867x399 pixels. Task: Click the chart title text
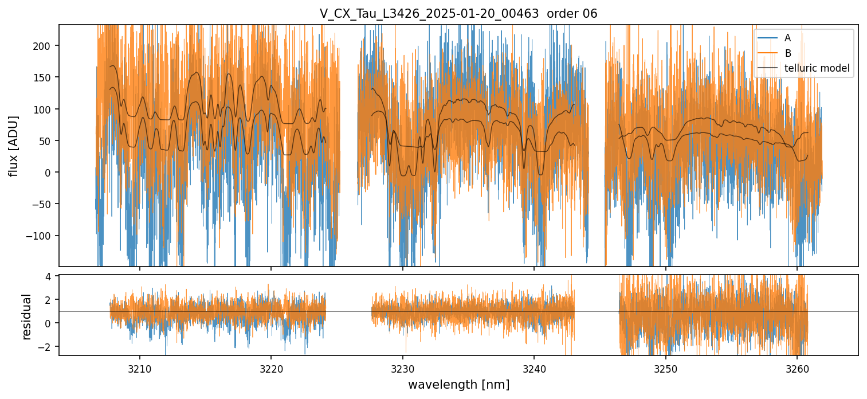coord(458,14)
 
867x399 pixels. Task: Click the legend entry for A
coord(787,38)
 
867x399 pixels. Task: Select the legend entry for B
coord(787,53)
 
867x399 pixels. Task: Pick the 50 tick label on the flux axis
coord(48,141)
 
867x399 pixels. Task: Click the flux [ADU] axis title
coord(13,146)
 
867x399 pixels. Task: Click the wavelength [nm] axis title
coord(458,384)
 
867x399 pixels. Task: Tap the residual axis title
coord(26,316)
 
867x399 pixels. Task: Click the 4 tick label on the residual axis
coord(49,276)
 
